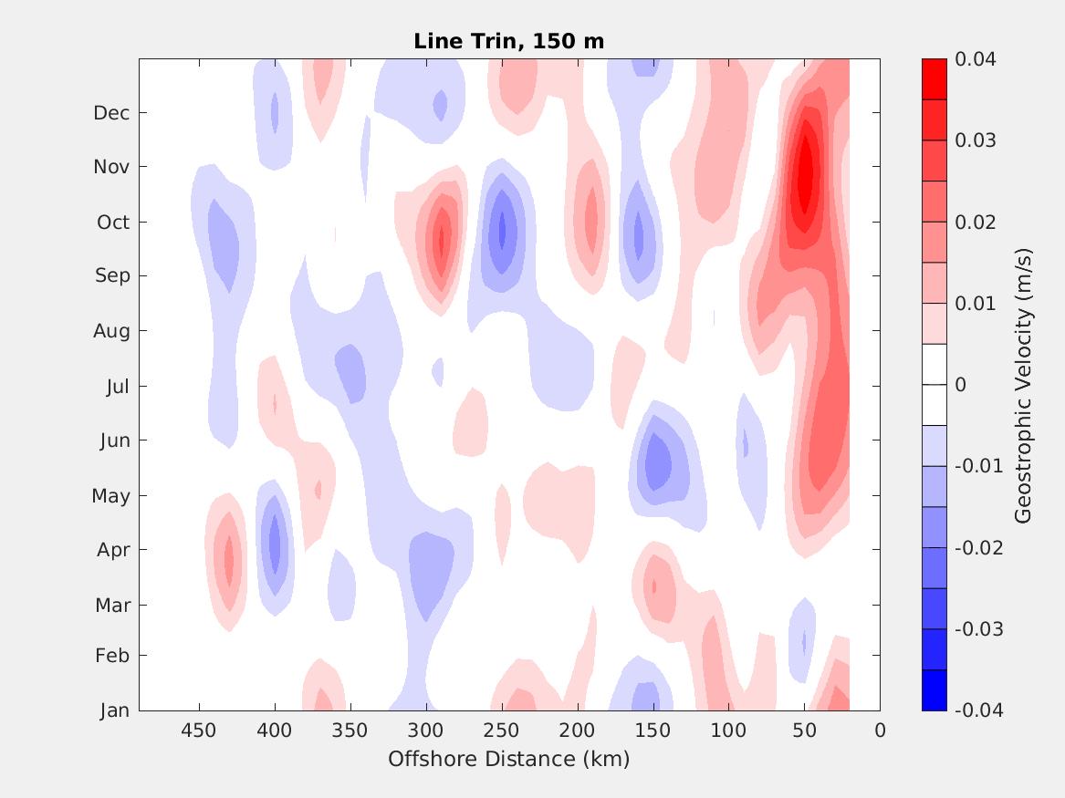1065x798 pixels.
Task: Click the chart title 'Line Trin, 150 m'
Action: (508, 41)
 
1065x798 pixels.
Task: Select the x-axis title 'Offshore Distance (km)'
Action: (508, 759)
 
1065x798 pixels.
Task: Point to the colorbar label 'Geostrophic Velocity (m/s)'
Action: (1023, 385)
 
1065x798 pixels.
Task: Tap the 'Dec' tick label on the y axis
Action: (111, 113)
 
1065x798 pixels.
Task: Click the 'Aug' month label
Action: (111, 331)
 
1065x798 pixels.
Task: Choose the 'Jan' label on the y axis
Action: (114, 710)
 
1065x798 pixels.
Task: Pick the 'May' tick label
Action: (110, 496)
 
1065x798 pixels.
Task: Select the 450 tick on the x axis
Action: (198, 731)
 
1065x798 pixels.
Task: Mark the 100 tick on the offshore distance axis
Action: (728, 731)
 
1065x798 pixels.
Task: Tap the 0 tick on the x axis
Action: (880, 731)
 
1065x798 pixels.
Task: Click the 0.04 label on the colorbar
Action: (976, 59)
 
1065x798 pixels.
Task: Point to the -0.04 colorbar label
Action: (978, 710)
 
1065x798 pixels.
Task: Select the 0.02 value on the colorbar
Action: (976, 223)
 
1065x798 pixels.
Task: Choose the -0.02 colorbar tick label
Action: (978, 548)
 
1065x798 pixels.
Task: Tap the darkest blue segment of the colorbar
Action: (934, 690)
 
